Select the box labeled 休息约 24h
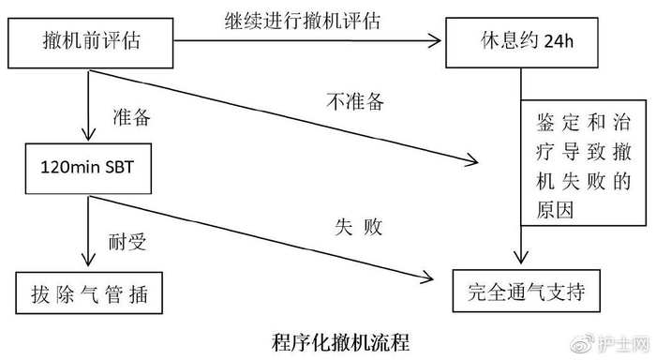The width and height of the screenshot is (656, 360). pos(520,40)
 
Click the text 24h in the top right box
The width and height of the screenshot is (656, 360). pos(559,40)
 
